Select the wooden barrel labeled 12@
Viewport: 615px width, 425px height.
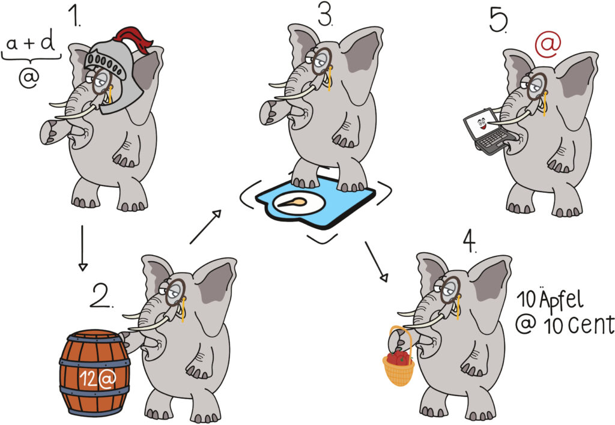pos(94,372)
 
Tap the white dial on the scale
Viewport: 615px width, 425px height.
pos(299,203)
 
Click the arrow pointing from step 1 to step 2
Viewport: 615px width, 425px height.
pos(82,248)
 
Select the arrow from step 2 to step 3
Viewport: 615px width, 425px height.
pos(205,227)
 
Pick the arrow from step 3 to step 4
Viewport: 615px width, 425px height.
pos(377,262)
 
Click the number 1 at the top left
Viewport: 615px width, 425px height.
pos(74,15)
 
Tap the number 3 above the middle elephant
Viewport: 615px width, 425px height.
pos(324,16)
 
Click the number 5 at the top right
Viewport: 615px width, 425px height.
pos(498,20)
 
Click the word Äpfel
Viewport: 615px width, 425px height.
pos(561,300)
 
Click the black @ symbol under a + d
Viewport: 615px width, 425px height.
pos(29,77)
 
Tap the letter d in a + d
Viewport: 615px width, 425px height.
pos(48,42)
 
